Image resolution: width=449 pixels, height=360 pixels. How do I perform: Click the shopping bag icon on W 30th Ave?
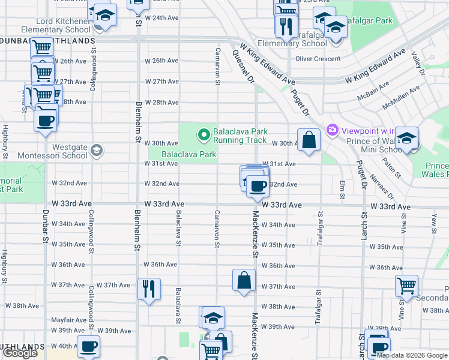309,140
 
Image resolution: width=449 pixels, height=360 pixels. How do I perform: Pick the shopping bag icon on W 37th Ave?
244,280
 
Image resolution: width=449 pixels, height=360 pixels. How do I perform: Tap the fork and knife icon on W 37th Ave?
148,289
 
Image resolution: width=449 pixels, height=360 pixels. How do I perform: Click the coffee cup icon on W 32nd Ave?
258,186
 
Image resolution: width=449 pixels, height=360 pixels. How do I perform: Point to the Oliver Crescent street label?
318,59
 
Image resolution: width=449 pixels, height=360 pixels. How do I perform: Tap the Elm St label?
342,188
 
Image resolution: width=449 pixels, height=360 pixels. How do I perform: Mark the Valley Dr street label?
417,62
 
